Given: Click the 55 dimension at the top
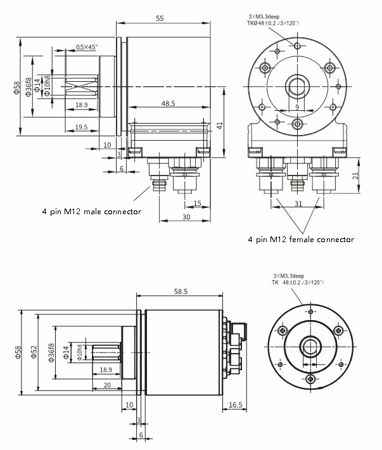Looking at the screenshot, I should point(159,19).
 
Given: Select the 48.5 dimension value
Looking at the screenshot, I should point(168,103).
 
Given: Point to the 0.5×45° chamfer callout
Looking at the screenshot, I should point(86,47).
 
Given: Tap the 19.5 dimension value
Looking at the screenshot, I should point(81,127).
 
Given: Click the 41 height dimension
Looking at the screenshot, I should point(220,125).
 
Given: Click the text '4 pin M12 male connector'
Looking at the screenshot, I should point(92,211).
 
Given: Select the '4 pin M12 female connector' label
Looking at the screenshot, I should point(301,240).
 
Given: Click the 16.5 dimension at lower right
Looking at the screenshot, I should point(234,404).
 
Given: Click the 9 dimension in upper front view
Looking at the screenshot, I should point(296,108).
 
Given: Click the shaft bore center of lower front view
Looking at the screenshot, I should point(310,345).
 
